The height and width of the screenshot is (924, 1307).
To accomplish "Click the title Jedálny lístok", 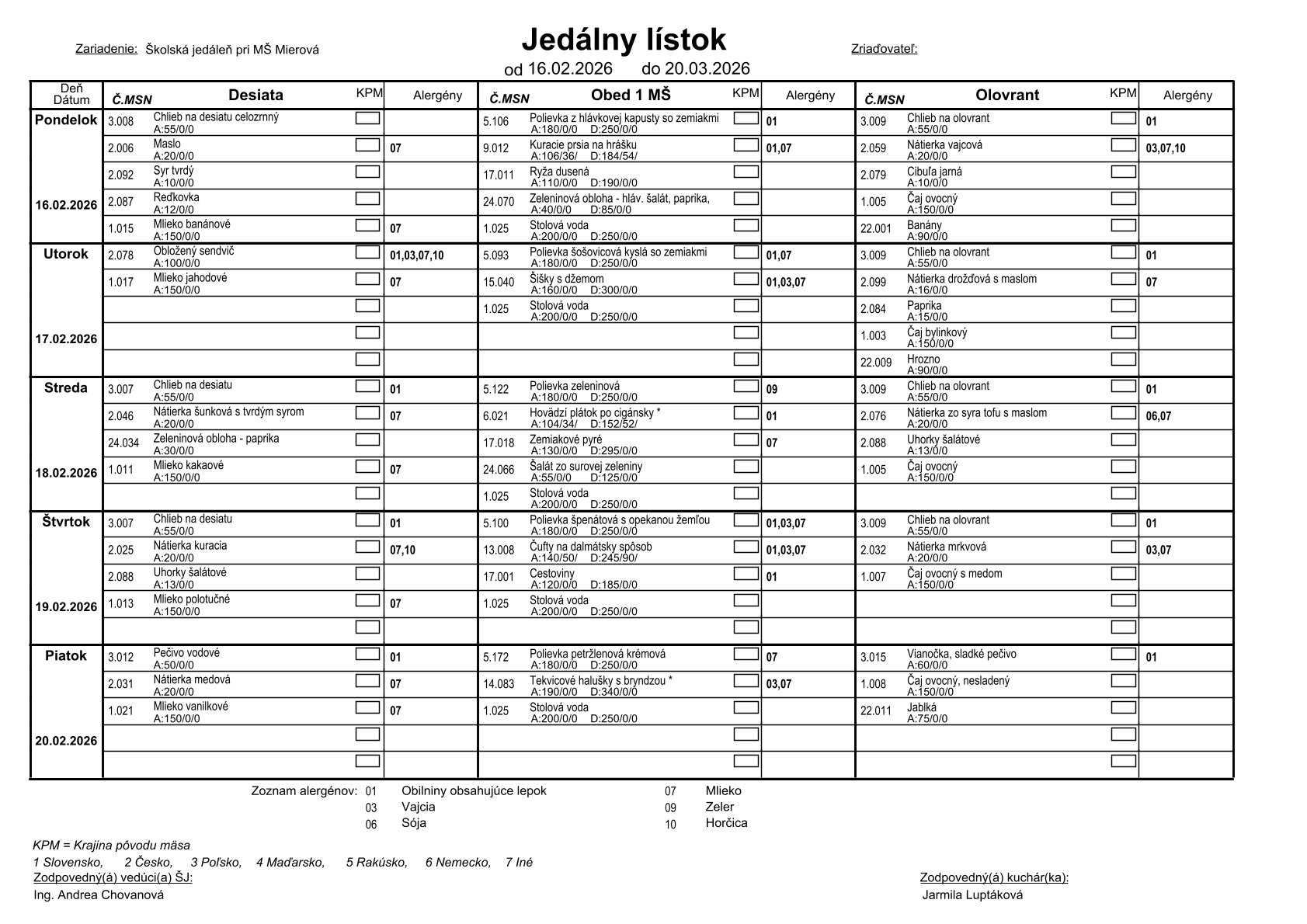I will (623, 40).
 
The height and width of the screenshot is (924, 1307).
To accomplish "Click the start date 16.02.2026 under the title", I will (570, 68).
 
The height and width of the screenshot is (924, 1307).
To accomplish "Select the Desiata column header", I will (255, 96).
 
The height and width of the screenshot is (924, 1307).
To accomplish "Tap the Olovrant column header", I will (1006, 96).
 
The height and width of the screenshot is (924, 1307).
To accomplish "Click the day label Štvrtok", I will (66, 522).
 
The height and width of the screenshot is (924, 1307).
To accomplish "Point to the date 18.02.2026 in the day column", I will (66, 473).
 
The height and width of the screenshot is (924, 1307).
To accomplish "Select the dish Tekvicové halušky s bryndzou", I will (600, 680).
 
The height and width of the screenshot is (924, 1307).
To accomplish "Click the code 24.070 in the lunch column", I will (499, 202).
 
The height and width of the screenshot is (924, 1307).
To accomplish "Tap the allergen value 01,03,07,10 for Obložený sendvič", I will (416, 255).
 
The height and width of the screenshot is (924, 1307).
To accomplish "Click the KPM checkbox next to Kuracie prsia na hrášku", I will (746, 144).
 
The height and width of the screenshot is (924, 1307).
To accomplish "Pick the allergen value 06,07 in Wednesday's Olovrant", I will (1158, 416).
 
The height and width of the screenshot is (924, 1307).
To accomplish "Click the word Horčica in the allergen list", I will (726, 822).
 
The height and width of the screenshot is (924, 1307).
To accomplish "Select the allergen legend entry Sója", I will (413, 822).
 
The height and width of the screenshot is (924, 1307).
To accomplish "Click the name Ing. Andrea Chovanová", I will (99, 894).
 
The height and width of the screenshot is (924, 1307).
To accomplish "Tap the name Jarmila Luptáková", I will (972, 894).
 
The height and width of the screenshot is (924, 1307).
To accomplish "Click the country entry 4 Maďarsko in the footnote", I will (290, 862).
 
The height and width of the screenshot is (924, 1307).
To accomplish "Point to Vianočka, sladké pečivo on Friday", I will (961, 654).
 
